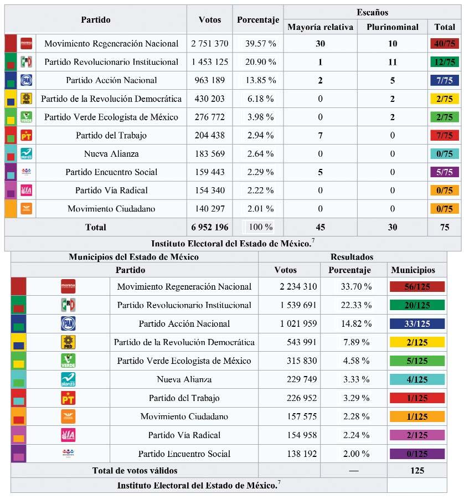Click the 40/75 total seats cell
click(x=444, y=44)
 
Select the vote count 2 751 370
click(x=209, y=44)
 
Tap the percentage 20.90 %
click(x=257, y=62)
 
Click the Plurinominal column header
click(x=393, y=27)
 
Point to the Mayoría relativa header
click(x=320, y=27)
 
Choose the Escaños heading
click(x=372, y=12)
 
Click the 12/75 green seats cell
click(x=444, y=62)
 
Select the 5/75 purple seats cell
click(x=444, y=172)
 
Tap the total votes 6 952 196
click(x=209, y=227)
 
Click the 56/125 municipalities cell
click(x=417, y=287)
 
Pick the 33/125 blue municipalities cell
click(x=417, y=324)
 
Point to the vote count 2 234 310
click(x=289, y=287)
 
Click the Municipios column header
click(x=413, y=270)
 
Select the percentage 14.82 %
click(x=353, y=324)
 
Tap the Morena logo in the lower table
click(x=68, y=286)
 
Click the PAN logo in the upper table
click(x=26, y=80)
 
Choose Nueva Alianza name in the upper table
click(x=111, y=154)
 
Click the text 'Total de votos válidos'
click(x=135, y=471)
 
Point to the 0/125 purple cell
click(x=417, y=454)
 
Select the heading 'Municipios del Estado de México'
click(x=133, y=257)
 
